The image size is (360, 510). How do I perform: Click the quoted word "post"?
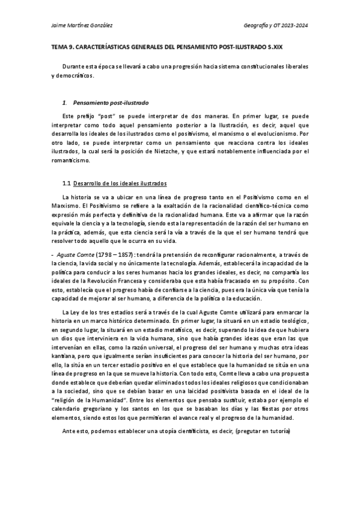[109, 115]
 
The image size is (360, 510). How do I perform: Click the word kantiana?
[65, 357]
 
